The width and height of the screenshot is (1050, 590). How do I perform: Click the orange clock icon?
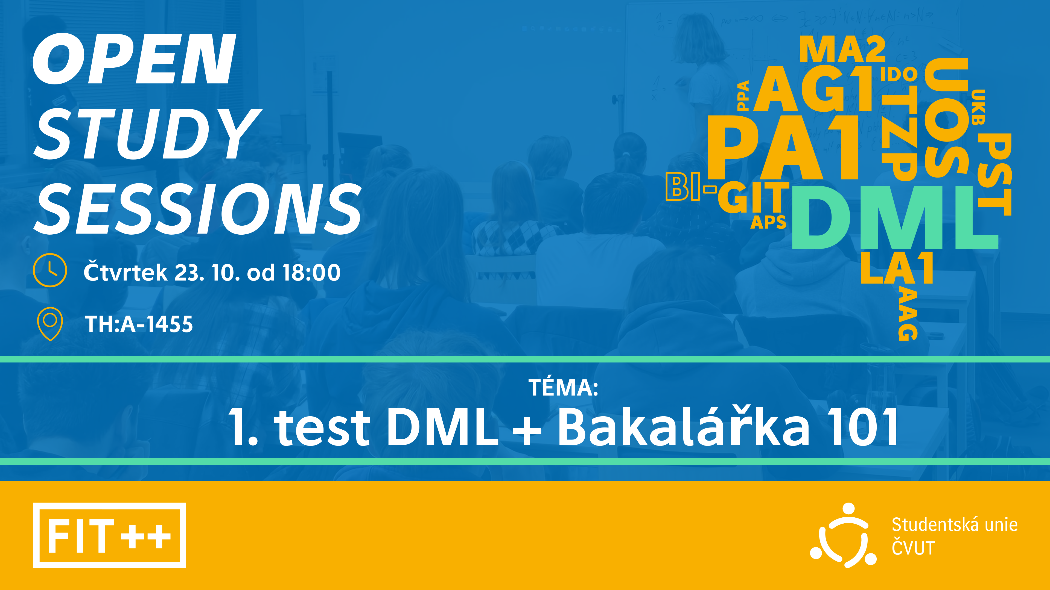(50, 270)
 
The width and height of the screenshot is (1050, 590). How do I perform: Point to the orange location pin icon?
(50, 324)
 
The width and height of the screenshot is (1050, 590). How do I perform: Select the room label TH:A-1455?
(139, 324)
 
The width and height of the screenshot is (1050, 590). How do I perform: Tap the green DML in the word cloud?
(895, 217)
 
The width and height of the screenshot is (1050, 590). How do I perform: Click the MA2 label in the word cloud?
(842, 50)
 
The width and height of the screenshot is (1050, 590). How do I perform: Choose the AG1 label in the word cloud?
(813, 89)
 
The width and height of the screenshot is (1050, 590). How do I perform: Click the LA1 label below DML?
(897, 268)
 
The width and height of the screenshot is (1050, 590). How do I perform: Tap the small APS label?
(768, 222)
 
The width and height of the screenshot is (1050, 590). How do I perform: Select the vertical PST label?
(994, 174)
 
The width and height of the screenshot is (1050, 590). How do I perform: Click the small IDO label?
(899, 75)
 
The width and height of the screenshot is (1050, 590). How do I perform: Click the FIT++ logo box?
(109, 535)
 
